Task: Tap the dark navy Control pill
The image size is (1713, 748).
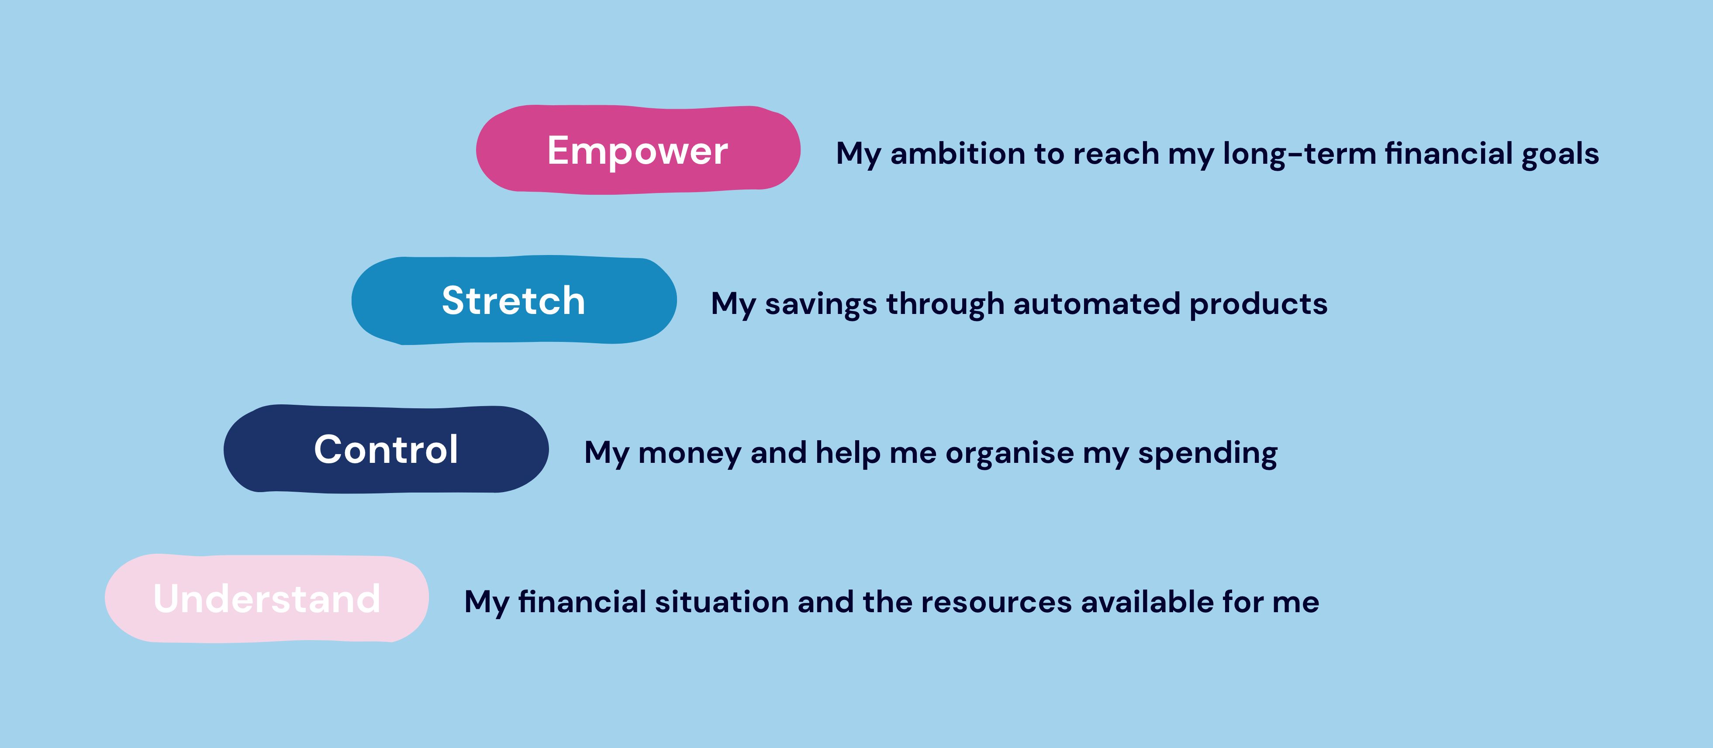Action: pos(386,449)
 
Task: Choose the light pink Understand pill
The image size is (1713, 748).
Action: pos(267,598)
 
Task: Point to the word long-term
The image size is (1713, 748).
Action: pos(1299,154)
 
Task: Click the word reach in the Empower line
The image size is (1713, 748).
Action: pos(1116,154)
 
